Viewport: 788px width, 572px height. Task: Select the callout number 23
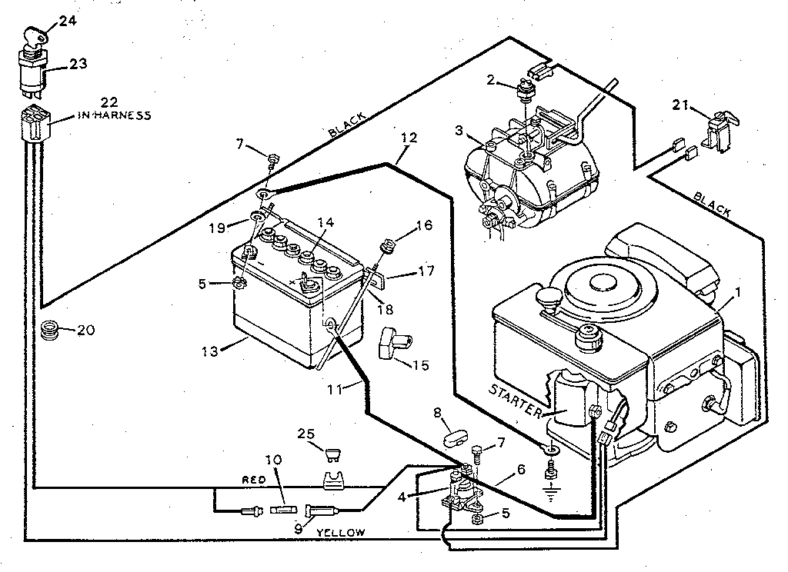pyautogui.click(x=79, y=65)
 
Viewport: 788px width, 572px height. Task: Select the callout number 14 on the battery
pyautogui.click(x=326, y=223)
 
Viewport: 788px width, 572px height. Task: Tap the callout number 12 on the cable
pyautogui.click(x=409, y=139)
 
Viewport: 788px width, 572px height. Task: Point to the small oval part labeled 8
pyautogui.click(x=456, y=444)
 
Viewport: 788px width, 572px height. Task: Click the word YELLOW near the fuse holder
pyautogui.click(x=345, y=532)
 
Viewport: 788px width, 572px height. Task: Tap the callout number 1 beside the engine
pyautogui.click(x=737, y=292)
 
